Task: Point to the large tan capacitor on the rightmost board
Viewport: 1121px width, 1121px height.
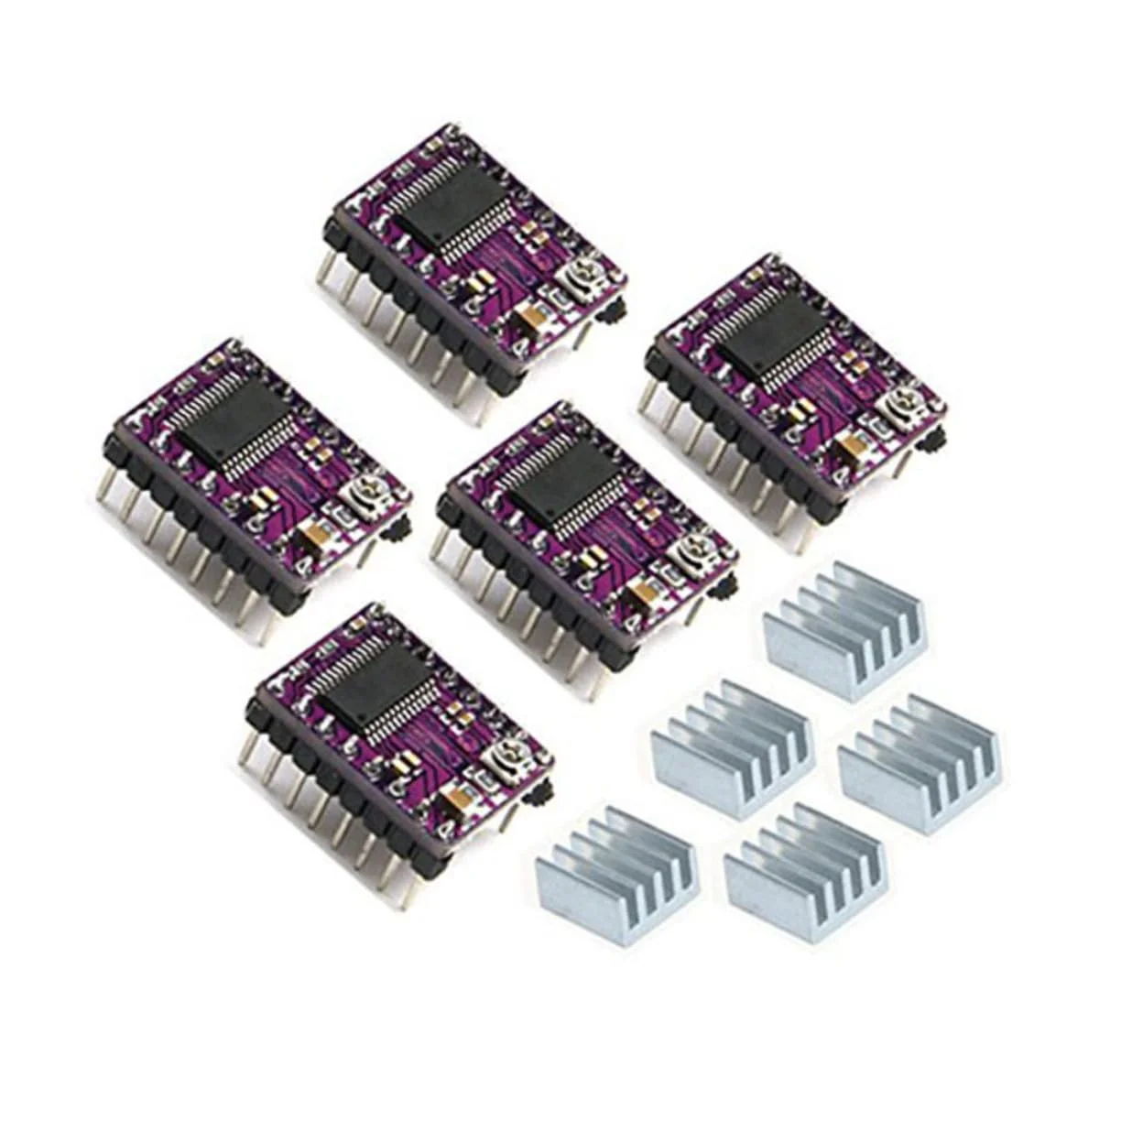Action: click(x=845, y=444)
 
